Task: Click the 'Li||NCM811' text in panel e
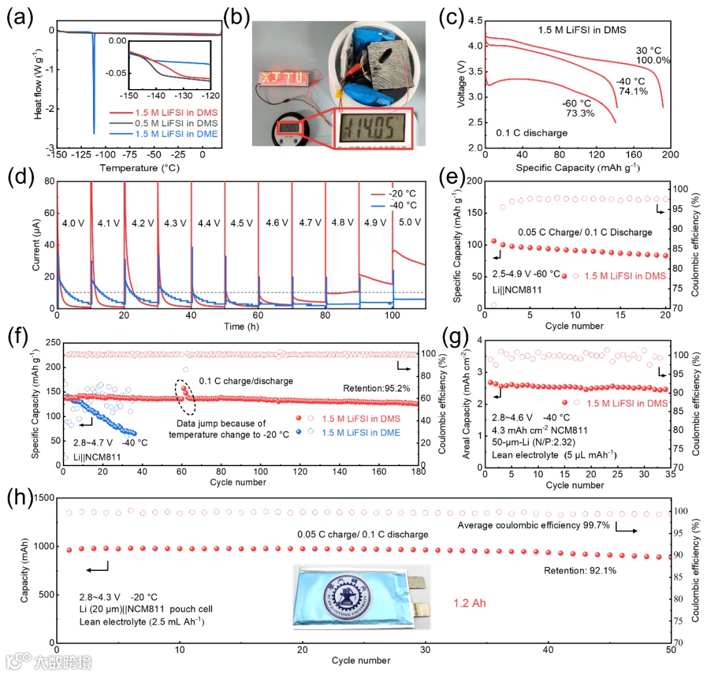(x=514, y=289)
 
